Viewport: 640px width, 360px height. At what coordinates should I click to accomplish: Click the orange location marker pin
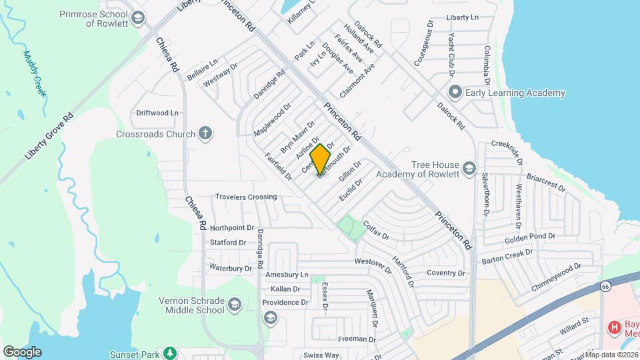click(321, 159)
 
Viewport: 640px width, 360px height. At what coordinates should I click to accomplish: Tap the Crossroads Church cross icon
click(206, 133)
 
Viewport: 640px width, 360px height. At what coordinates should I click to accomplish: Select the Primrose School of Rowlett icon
click(138, 18)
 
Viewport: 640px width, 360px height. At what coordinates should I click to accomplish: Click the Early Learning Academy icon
click(455, 93)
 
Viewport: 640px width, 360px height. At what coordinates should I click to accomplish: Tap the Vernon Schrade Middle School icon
click(235, 305)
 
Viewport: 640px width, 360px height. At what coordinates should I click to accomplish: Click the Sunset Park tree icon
click(171, 351)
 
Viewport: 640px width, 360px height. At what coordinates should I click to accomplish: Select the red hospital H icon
click(613, 328)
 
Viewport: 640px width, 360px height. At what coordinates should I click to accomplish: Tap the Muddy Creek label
click(34, 74)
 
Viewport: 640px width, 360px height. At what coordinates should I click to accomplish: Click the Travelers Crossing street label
click(245, 197)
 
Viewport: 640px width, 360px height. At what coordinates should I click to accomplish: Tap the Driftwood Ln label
click(157, 113)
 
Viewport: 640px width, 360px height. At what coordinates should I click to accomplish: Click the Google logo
click(22, 352)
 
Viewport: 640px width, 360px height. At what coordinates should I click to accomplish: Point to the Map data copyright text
click(611, 355)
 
